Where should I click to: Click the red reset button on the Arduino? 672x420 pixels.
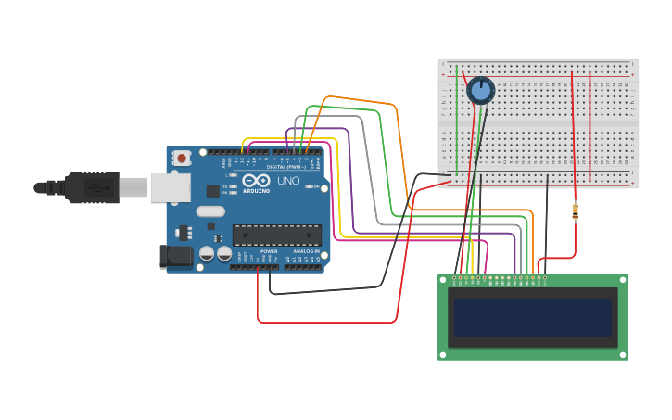[x=182, y=159]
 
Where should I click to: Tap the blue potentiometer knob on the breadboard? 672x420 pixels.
[x=480, y=90]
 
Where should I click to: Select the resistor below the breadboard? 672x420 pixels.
[x=576, y=212]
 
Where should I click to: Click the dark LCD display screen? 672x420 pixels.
[x=532, y=316]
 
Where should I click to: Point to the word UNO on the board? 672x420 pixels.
[x=288, y=181]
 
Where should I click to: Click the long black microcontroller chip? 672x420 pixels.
[x=276, y=235]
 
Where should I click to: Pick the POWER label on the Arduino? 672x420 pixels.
[x=269, y=251]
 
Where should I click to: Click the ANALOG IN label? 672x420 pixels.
[x=305, y=251]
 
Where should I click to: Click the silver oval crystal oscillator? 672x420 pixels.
[x=210, y=211]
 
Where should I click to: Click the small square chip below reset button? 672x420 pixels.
[x=213, y=191]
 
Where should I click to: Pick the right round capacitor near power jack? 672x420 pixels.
[x=224, y=253]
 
